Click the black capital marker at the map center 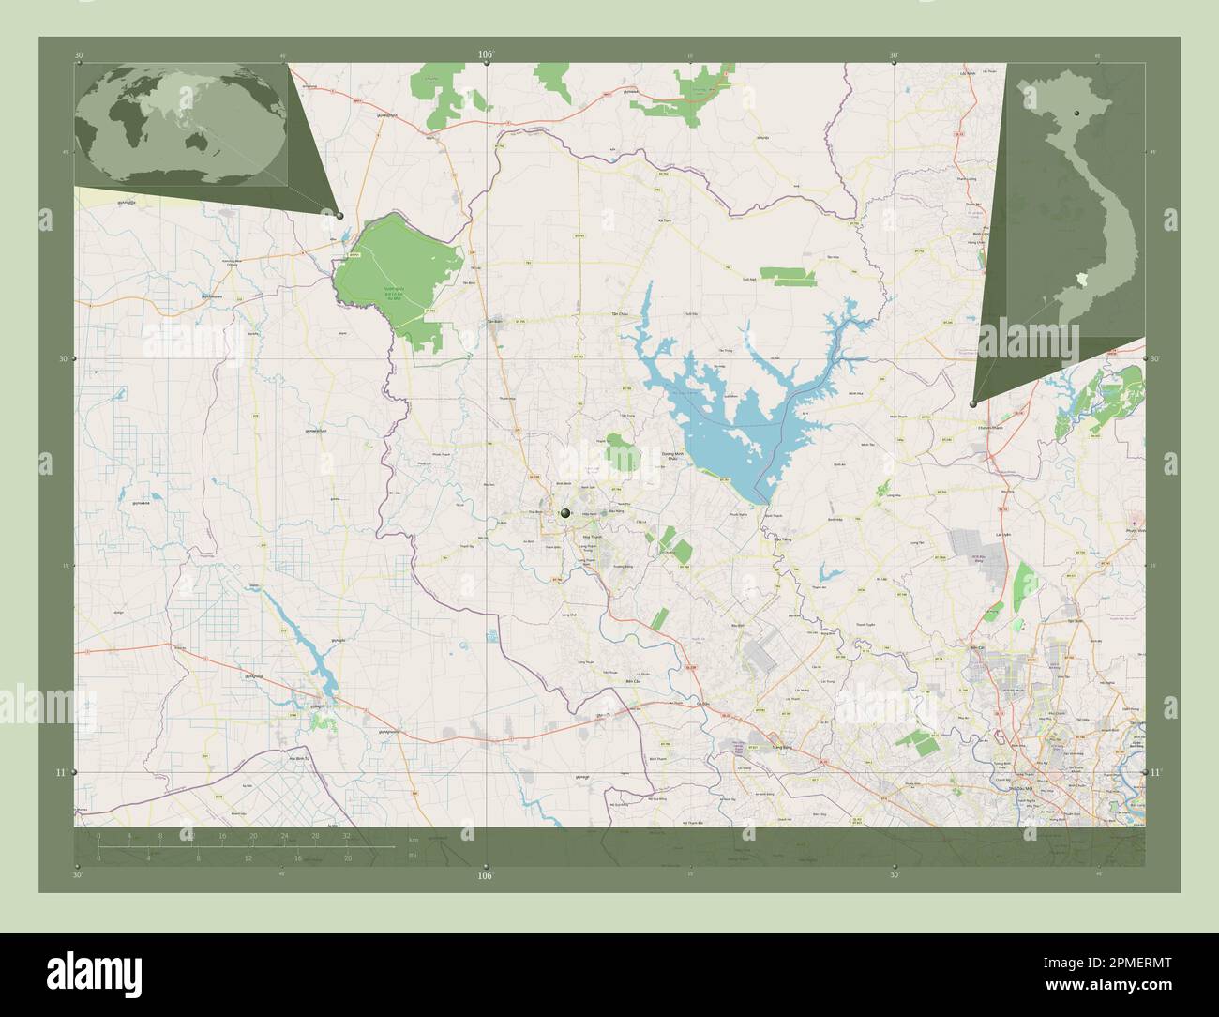click(x=564, y=513)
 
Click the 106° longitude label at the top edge click(x=485, y=55)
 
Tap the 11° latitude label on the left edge click(x=60, y=772)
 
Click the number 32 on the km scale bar click(x=347, y=835)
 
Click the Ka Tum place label click(x=666, y=221)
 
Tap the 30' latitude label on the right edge click(x=1155, y=358)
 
